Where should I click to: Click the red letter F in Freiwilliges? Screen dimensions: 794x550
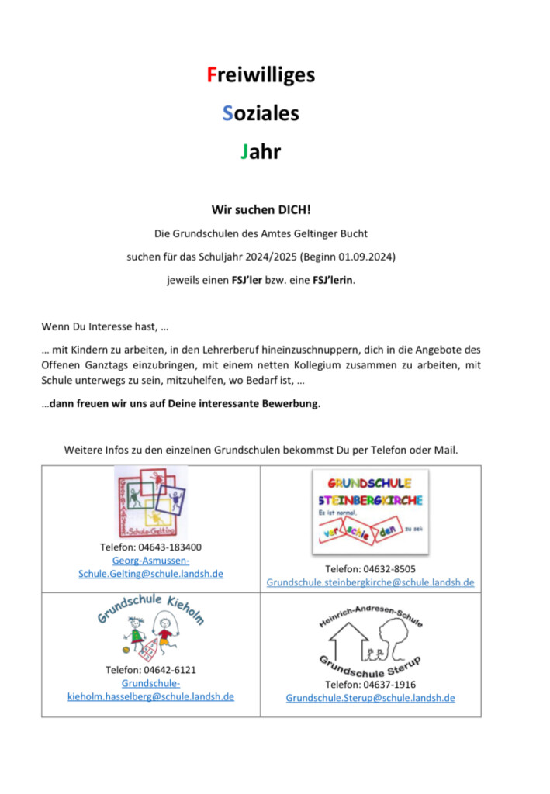tap(210, 75)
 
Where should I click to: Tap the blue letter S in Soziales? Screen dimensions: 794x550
tap(227, 113)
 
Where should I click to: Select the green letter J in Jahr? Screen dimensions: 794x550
tap(244, 151)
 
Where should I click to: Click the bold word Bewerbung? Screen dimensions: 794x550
tap(289, 403)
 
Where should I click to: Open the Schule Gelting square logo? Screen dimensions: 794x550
tap(150, 502)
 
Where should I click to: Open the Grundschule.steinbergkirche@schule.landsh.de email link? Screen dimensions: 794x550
tap(370, 582)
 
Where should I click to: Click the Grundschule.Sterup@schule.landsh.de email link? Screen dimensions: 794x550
tap(370, 698)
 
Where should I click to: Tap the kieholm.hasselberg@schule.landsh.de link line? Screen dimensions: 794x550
tap(150, 696)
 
